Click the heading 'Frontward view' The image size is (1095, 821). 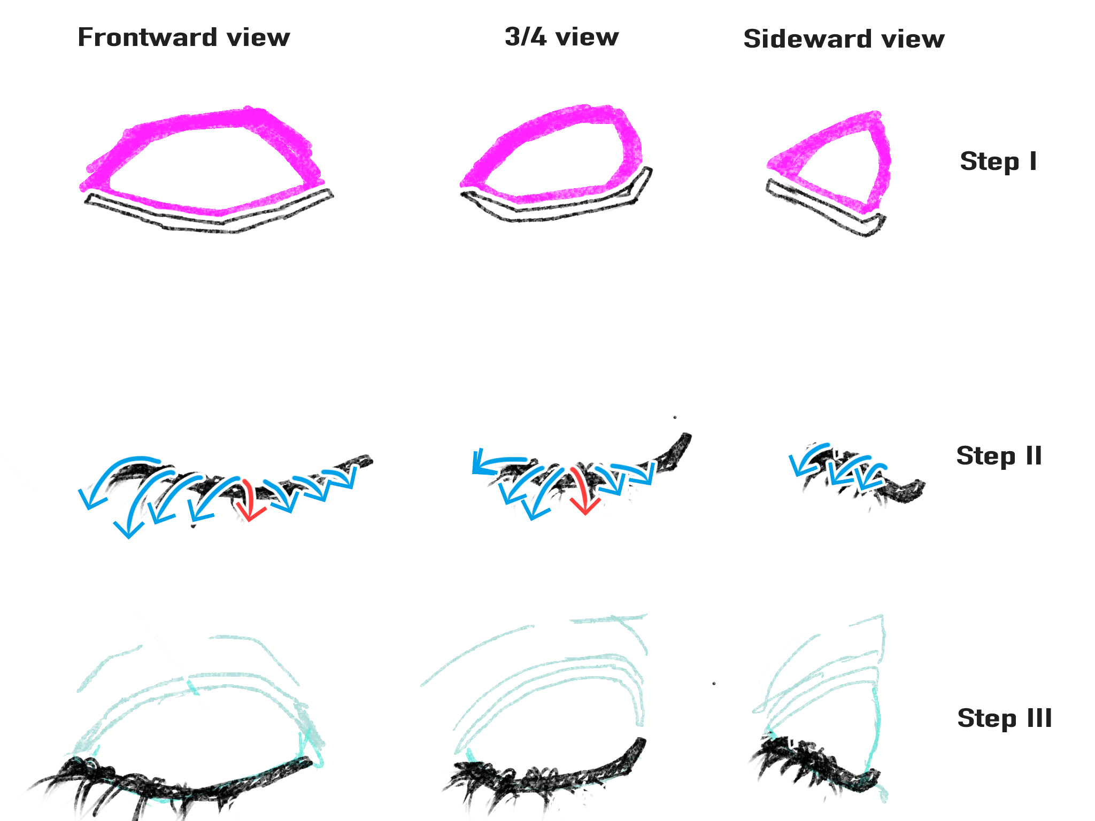(x=183, y=37)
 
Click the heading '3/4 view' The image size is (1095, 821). (x=561, y=37)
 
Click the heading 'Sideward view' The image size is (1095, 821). (x=844, y=39)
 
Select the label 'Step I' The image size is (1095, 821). (x=998, y=161)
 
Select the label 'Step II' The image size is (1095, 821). (x=999, y=456)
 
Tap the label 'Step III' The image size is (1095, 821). (x=1004, y=718)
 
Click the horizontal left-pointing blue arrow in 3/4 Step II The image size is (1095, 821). (x=497, y=462)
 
